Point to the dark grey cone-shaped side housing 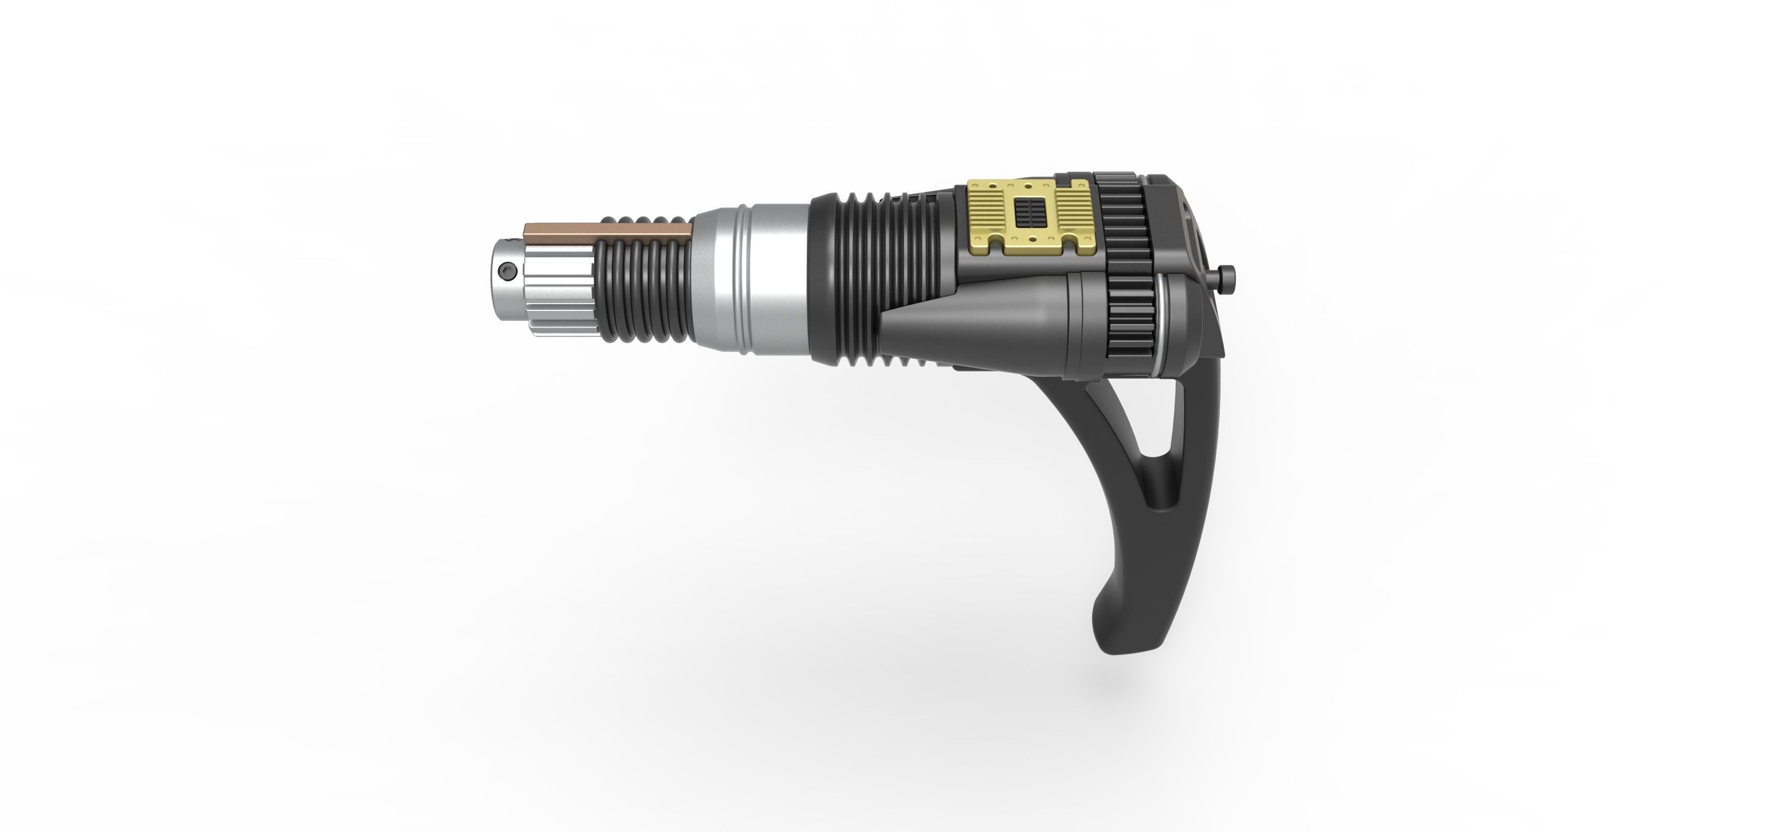[x=979, y=324]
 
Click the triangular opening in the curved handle [x=1165, y=441]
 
